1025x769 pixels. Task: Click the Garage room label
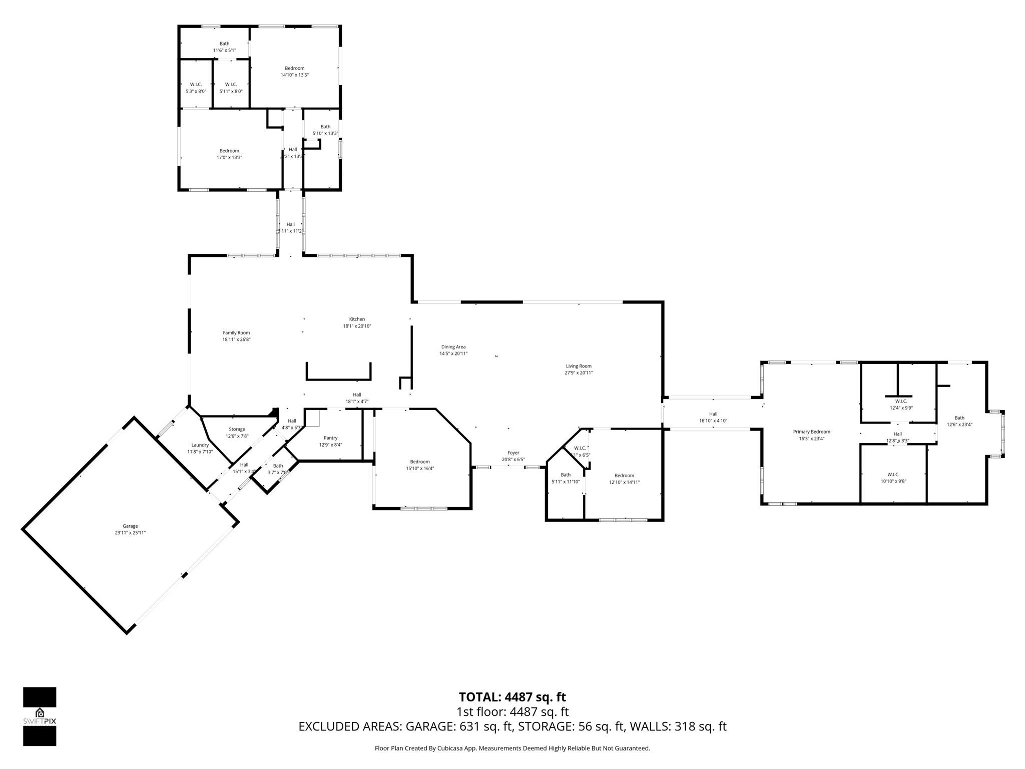130,526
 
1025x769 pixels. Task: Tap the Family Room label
236,333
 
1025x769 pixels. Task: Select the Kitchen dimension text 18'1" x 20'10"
357,326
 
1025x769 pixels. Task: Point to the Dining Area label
453,347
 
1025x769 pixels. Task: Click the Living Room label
579,366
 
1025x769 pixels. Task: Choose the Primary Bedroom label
811,432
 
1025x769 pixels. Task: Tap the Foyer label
514,453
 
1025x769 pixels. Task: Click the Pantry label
330,438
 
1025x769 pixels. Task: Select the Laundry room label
200,445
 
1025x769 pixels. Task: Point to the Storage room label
237,429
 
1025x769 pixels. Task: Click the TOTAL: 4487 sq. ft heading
512,697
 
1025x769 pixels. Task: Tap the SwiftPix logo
40,716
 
